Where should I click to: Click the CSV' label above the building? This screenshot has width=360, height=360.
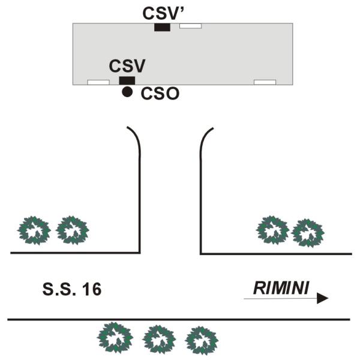160,13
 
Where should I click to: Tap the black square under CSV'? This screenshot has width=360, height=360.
163,27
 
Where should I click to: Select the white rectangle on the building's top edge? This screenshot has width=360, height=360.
190,26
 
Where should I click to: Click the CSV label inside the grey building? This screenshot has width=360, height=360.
127,65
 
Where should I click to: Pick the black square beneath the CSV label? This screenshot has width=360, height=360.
127,80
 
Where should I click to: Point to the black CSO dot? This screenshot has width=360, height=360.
127,92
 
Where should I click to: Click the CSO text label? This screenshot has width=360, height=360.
160,94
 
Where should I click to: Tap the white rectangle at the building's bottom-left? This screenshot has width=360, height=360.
98,82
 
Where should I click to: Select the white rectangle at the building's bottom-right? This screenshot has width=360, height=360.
265,82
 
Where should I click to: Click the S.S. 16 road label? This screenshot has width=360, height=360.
72,289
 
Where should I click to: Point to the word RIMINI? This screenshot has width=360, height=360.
281,288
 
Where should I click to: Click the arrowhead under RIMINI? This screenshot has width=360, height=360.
322,298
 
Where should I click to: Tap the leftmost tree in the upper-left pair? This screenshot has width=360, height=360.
34,230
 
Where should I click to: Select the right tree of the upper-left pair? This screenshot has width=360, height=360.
73,230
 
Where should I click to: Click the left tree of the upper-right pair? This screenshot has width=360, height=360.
273,230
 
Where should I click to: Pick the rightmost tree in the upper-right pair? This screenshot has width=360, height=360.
308,233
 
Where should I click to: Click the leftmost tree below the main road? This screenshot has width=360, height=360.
115,337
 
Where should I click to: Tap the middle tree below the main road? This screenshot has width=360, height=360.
159,340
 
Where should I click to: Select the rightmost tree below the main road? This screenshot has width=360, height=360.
202,341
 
